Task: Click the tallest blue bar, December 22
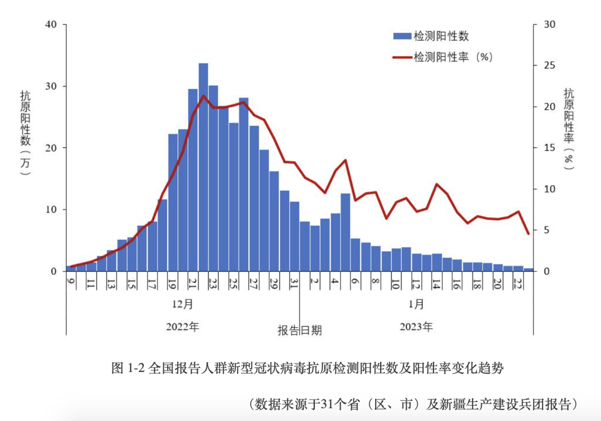click(203, 167)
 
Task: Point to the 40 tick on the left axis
click(51, 24)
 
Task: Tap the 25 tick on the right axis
click(549, 66)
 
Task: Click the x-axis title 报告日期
click(300, 330)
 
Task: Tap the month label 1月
click(416, 304)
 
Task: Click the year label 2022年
click(183, 327)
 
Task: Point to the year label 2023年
click(416, 327)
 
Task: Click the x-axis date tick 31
click(295, 283)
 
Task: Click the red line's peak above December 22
click(204, 96)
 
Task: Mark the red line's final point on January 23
click(528, 234)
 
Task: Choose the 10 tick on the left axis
click(51, 210)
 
